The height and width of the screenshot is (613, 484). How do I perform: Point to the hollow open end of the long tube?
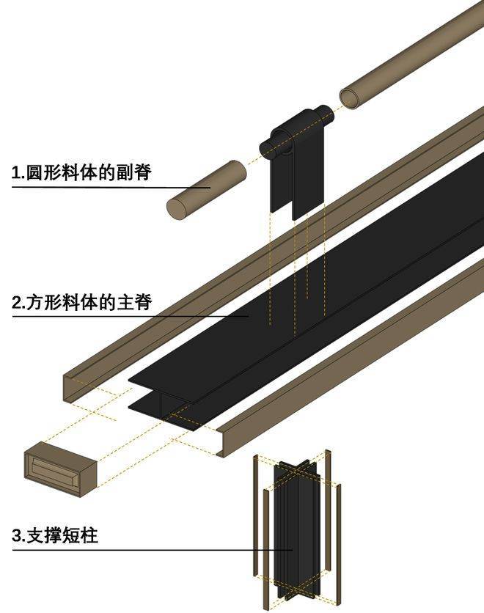click(351, 97)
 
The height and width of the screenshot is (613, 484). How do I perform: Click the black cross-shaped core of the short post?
click(293, 528)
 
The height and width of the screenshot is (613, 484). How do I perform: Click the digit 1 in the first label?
click(16, 174)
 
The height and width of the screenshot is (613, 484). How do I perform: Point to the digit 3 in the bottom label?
click(17, 536)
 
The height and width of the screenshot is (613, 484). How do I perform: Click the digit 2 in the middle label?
click(17, 302)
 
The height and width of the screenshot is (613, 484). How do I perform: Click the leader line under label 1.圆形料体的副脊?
click(110, 188)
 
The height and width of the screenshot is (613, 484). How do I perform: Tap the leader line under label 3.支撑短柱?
click(147, 550)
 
